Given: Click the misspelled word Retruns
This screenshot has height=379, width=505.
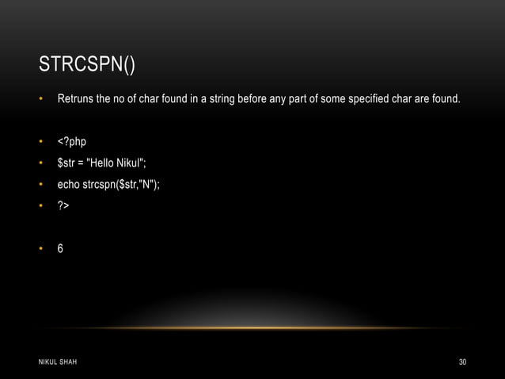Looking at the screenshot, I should click(77, 101).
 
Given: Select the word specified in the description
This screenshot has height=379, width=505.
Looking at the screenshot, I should click(365, 101).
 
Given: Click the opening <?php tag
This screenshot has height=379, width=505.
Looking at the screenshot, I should click(71, 142).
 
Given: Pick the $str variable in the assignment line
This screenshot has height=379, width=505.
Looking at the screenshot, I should click(66, 163).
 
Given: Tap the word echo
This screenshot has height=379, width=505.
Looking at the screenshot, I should click(68, 186).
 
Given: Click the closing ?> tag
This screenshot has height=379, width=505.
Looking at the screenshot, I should click(63, 207).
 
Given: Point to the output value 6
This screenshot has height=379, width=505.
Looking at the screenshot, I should click(60, 248).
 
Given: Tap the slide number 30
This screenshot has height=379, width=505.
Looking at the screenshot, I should click(462, 362).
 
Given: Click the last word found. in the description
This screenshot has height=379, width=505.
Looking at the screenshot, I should click(444, 101).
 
